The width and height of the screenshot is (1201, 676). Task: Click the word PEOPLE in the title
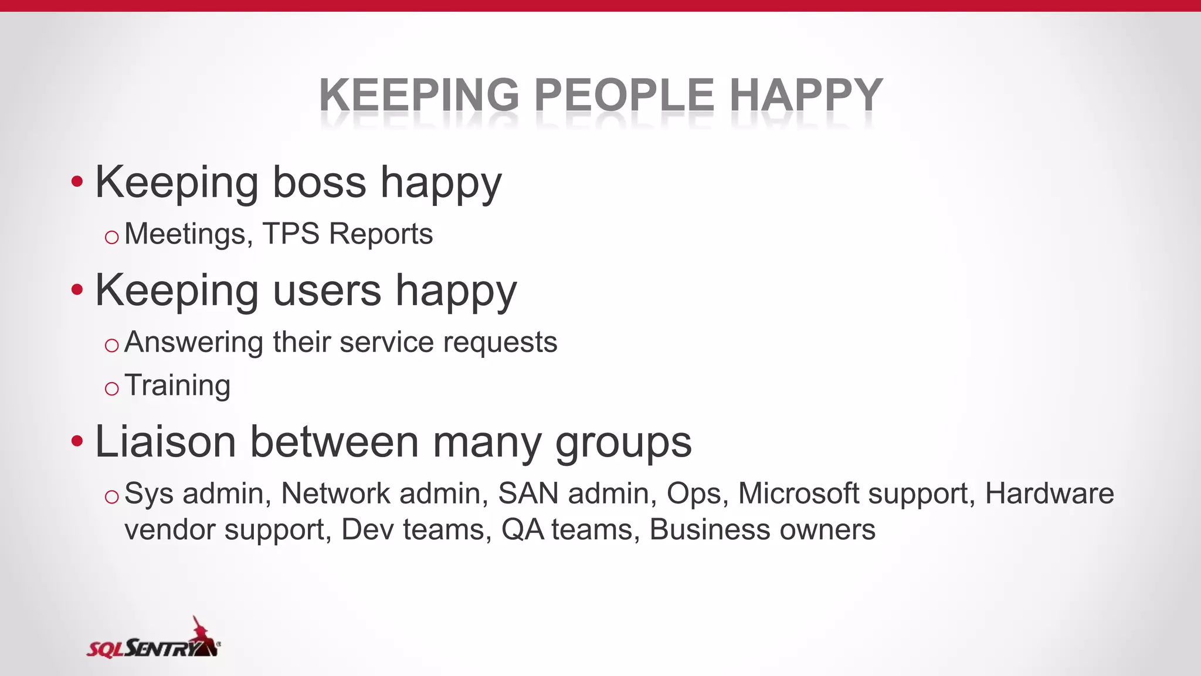625,95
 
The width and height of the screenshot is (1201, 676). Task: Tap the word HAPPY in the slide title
806,95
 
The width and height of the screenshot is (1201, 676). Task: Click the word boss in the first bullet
320,182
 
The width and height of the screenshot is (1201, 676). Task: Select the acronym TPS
291,234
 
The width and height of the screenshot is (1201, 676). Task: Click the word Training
178,386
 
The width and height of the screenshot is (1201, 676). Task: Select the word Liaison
165,442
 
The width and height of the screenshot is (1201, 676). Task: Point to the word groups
623,444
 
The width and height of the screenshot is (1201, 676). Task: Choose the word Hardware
1049,494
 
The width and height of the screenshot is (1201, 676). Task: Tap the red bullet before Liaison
77,441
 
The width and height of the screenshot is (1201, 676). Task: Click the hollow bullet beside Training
111,388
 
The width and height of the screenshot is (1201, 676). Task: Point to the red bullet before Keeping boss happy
77,182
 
